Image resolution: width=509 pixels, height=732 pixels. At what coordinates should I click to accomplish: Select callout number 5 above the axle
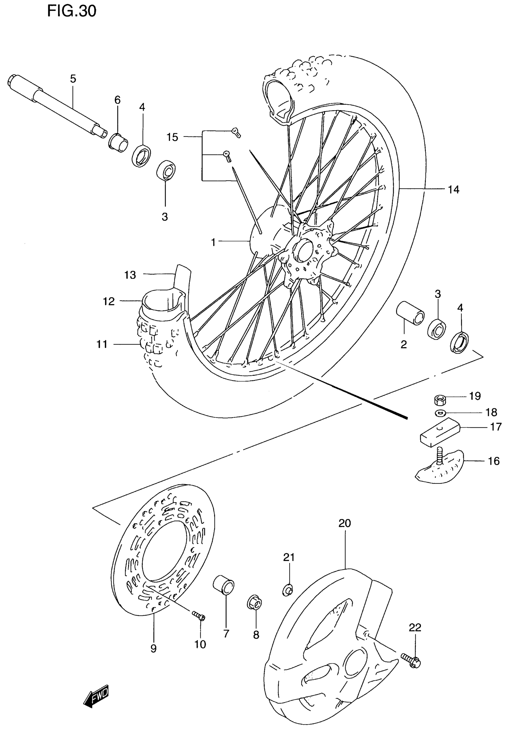(x=73, y=79)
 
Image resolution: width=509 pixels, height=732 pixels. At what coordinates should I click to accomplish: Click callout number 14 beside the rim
(x=453, y=190)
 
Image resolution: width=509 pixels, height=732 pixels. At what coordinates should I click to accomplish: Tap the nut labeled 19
(x=440, y=400)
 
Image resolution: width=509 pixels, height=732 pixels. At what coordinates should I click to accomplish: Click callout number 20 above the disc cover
(x=345, y=524)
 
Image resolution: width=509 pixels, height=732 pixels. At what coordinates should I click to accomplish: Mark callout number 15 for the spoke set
(x=172, y=137)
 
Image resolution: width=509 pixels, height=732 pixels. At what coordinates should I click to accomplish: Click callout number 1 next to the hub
(x=213, y=243)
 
